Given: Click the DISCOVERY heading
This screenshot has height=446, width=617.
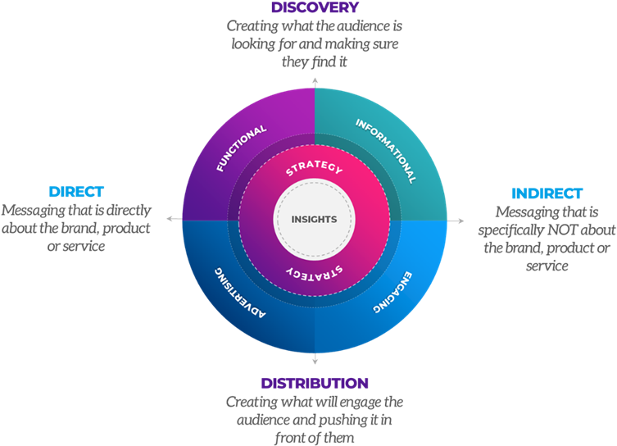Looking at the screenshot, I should tap(315, 8).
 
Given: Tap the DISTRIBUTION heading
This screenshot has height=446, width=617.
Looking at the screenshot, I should tap(315, 383).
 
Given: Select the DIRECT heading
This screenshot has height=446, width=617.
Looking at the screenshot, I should tap(76, 192).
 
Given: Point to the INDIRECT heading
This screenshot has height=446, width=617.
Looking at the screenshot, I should tap(547, 193).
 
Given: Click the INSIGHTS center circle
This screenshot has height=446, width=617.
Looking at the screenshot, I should tap(315, 220).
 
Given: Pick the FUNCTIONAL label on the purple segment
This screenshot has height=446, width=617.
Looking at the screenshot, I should tap(242, 148).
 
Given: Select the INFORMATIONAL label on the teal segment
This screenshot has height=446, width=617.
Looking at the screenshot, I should tap(386, 150).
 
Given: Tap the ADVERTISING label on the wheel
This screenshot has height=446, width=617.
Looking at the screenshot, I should tap(241, 291).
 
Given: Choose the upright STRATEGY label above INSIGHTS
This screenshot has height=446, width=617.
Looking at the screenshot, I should tap(314, 171).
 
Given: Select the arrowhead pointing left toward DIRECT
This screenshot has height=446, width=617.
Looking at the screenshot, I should tap(170, 220).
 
